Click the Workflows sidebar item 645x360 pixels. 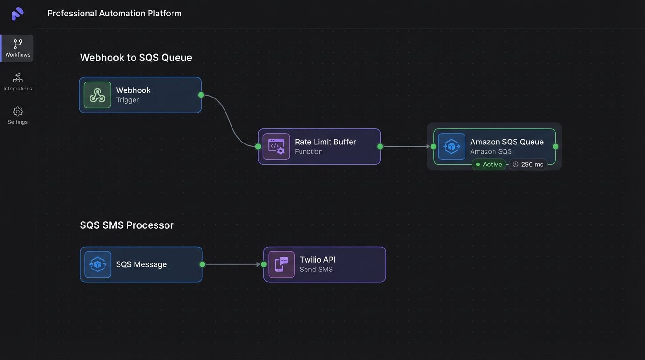[17, 48]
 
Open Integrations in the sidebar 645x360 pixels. [17, 82]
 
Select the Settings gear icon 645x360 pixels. [18, 112]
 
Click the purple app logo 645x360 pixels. [17, 14]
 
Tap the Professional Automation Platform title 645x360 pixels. [114, 14]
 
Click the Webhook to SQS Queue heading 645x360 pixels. [136, 58]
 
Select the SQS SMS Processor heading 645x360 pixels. [127, 225]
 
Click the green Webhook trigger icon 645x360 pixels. [97, 95]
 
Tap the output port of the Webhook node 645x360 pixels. [201, 95]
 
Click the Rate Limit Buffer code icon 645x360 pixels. [276, 147]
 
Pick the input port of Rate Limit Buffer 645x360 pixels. [258, 147]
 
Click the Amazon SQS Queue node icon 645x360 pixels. [451, 147]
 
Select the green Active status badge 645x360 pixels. [488, 165]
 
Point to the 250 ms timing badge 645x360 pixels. [528, 165]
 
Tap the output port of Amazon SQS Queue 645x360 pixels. [555, 147]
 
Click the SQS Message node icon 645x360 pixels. [97, 264]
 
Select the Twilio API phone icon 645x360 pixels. [281, 264]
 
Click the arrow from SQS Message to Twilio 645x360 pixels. [232, 264]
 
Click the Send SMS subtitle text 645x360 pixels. [316, 270]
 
